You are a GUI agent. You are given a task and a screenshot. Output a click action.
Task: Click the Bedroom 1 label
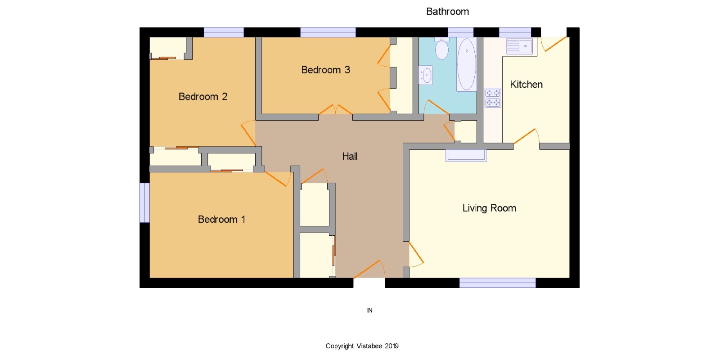point(221,220)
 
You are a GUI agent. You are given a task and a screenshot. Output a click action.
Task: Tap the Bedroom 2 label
point(203,96)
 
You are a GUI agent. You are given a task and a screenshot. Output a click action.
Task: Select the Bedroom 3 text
point(325,70)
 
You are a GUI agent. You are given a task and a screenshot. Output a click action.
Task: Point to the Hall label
point(350,157)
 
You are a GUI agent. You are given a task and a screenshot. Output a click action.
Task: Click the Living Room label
point(489,208)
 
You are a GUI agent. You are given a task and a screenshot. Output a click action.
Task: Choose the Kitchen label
point(526,85)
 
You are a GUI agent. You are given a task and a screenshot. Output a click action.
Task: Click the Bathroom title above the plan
point(447,12)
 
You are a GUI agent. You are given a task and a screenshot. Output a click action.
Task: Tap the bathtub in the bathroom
point(466,64)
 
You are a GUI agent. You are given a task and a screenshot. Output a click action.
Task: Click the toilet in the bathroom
point(442,48)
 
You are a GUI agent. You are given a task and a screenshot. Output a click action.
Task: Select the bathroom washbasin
point(426,75)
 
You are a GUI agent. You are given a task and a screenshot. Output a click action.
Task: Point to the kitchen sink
point(519,46)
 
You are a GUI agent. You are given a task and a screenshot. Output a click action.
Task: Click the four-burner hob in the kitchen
point(493,98)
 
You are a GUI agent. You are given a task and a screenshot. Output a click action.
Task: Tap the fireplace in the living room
point(466,155)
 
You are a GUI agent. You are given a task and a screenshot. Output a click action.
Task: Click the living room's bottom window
point(498,283)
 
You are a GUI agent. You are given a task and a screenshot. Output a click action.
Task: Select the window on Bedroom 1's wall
point(144,203)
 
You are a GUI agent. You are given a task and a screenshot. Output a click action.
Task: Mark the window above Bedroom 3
point(328,32)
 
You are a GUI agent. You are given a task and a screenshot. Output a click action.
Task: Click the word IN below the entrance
point(369,310)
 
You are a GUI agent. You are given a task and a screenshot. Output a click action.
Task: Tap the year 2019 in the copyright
point(391,346)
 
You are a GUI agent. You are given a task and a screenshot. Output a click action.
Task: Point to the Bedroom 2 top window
point(224,32)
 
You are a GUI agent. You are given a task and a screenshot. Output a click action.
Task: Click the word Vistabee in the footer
point(369,346)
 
